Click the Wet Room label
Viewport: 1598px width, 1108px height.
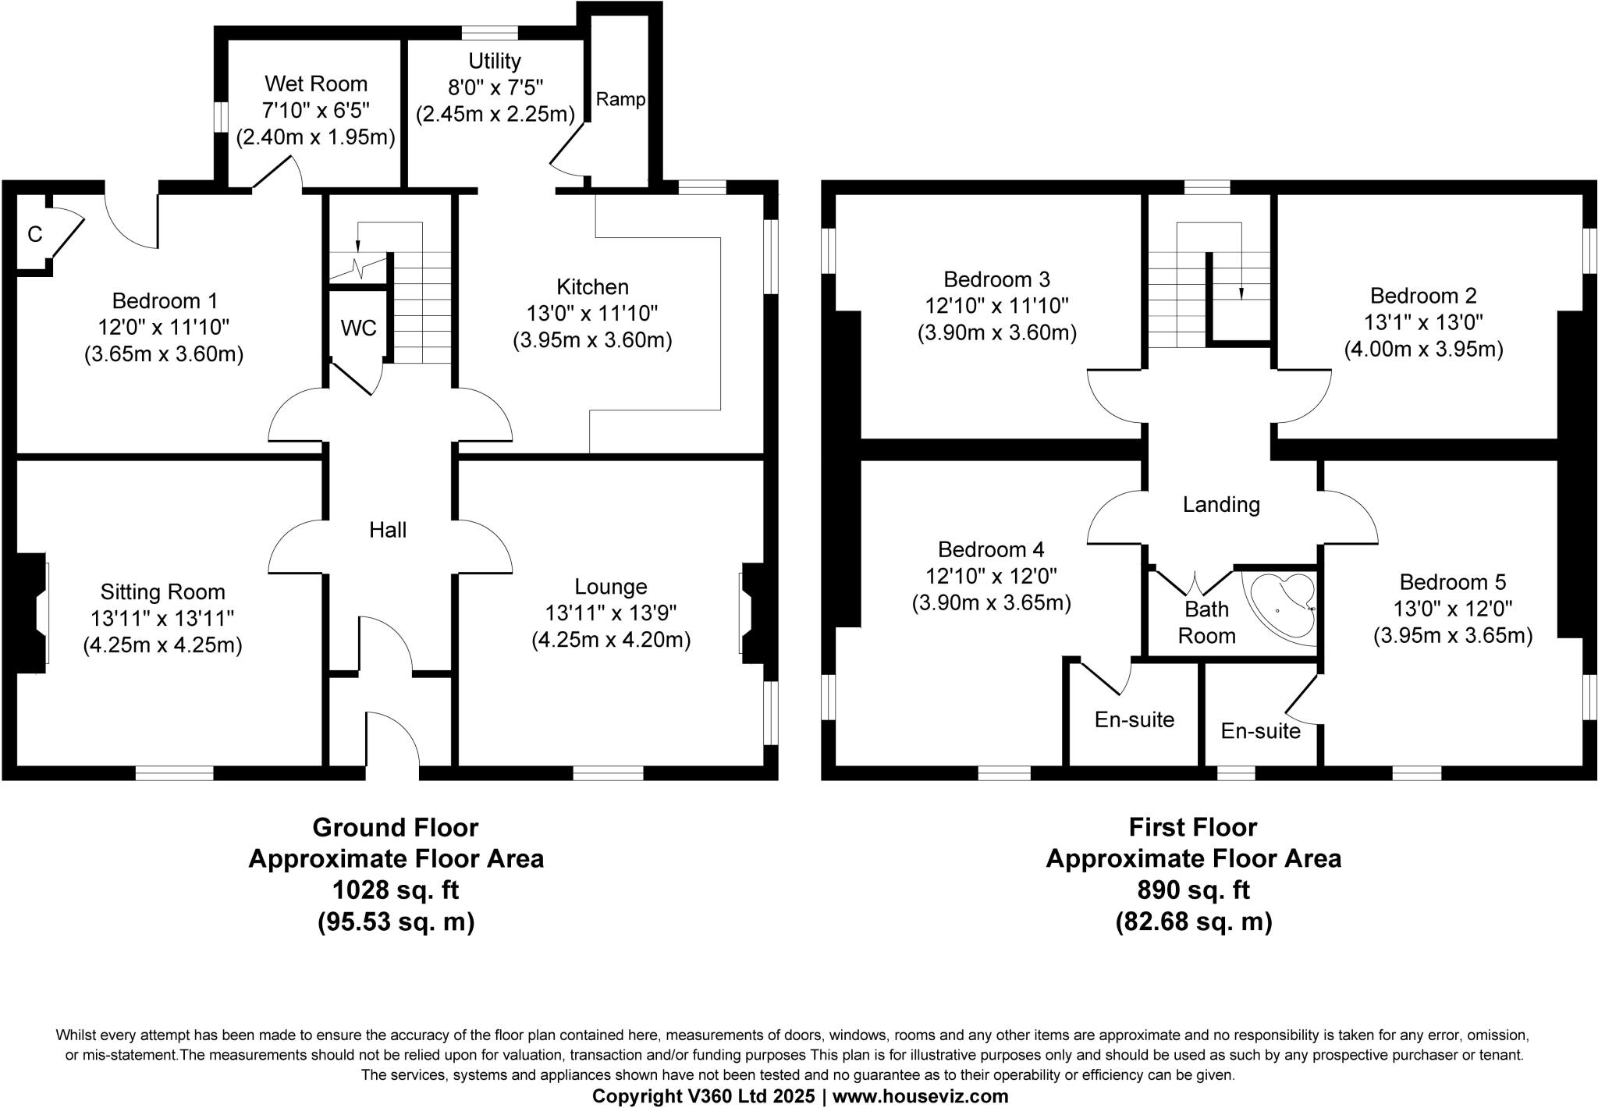316,83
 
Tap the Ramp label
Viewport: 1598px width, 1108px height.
621,99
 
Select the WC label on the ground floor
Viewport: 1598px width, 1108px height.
359,328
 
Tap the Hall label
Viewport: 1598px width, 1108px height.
388,531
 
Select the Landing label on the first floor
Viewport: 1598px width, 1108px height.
1221,505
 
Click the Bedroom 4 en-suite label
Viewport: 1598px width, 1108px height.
1135,719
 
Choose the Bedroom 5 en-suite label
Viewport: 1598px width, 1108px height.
1261,731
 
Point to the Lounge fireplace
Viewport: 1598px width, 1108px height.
752,613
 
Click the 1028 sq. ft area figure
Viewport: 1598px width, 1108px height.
396,890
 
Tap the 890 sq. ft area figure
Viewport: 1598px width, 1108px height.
1193,890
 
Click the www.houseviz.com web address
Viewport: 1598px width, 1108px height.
921,1096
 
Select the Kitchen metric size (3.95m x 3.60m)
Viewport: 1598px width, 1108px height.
592,341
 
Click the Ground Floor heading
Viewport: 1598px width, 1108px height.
396,827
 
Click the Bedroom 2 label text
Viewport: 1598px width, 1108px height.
1423,297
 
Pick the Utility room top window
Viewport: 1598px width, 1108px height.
490,33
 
